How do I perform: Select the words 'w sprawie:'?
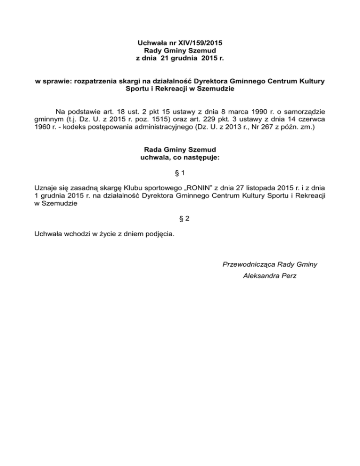click(x=51, y=82)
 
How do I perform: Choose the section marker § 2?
click(x=180, y=218)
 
